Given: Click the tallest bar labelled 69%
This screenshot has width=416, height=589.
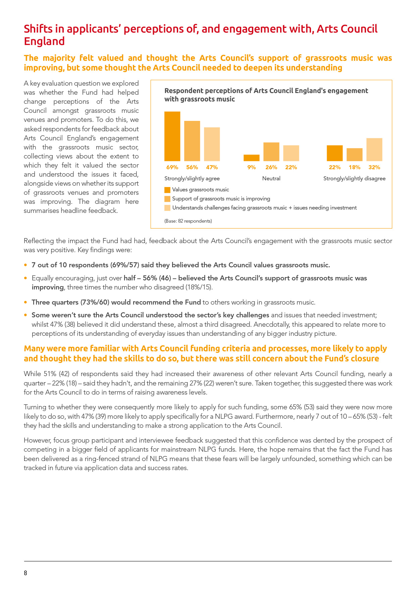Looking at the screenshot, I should pos(172,136).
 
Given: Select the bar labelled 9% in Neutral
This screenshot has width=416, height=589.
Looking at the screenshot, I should pos(251,158).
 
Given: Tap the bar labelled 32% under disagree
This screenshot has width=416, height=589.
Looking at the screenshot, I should pos(374,150).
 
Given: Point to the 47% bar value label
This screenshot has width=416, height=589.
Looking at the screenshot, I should pos(212,167).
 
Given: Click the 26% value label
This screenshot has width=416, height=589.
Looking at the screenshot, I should pos(271,167).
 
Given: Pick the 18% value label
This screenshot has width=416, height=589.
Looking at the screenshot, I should pos(354,167).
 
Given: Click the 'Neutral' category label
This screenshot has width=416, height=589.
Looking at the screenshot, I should pos(271,179).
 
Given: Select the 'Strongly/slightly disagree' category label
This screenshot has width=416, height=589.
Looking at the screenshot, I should pos(354,179).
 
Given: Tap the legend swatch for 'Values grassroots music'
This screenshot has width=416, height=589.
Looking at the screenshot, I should pos(167,190).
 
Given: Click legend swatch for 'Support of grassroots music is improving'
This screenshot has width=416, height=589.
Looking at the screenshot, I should pos(167,199).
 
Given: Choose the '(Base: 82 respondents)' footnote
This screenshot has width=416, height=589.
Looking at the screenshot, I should pos(188,221).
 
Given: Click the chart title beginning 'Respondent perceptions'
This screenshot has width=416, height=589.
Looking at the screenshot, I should pos(266,95).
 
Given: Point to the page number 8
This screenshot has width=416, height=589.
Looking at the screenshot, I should pos(25,573).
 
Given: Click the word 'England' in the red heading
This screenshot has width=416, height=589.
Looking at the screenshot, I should pos(44,41).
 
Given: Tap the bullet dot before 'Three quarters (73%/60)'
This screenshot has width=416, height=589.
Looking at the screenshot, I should pos(25,302).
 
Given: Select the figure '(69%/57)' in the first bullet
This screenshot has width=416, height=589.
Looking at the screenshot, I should pos(124,265).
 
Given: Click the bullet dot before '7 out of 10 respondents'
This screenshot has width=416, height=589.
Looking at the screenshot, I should pos(25,265).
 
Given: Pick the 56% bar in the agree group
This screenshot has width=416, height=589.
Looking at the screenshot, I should pos(192,141).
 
